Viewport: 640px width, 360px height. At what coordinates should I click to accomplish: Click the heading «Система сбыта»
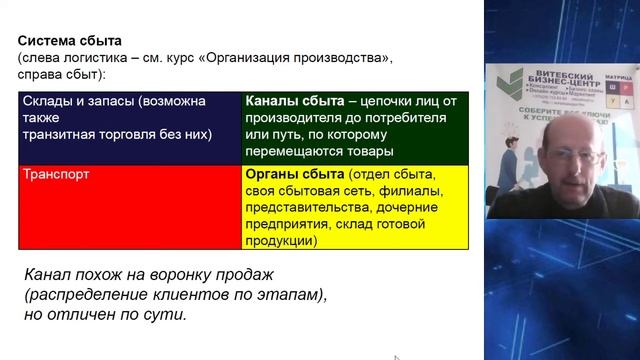[70, 42]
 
